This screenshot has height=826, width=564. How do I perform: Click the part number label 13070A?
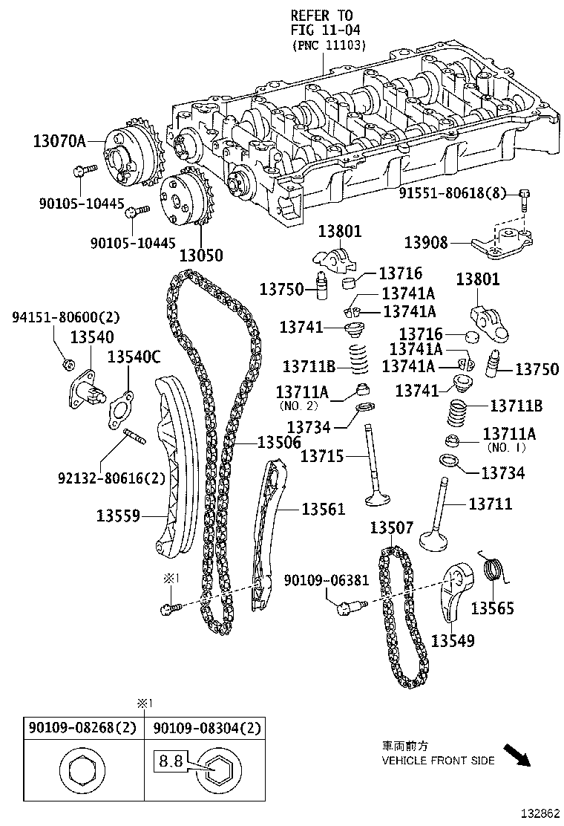tap(59, 140)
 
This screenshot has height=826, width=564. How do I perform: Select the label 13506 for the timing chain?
tap(279, 443)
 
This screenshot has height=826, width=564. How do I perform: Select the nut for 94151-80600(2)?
tap(68, 363)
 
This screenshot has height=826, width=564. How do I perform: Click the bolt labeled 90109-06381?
tap(347, 609)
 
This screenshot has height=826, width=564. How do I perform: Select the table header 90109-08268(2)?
tap(82, 729)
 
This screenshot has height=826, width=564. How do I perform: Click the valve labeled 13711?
tap(439, 520)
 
